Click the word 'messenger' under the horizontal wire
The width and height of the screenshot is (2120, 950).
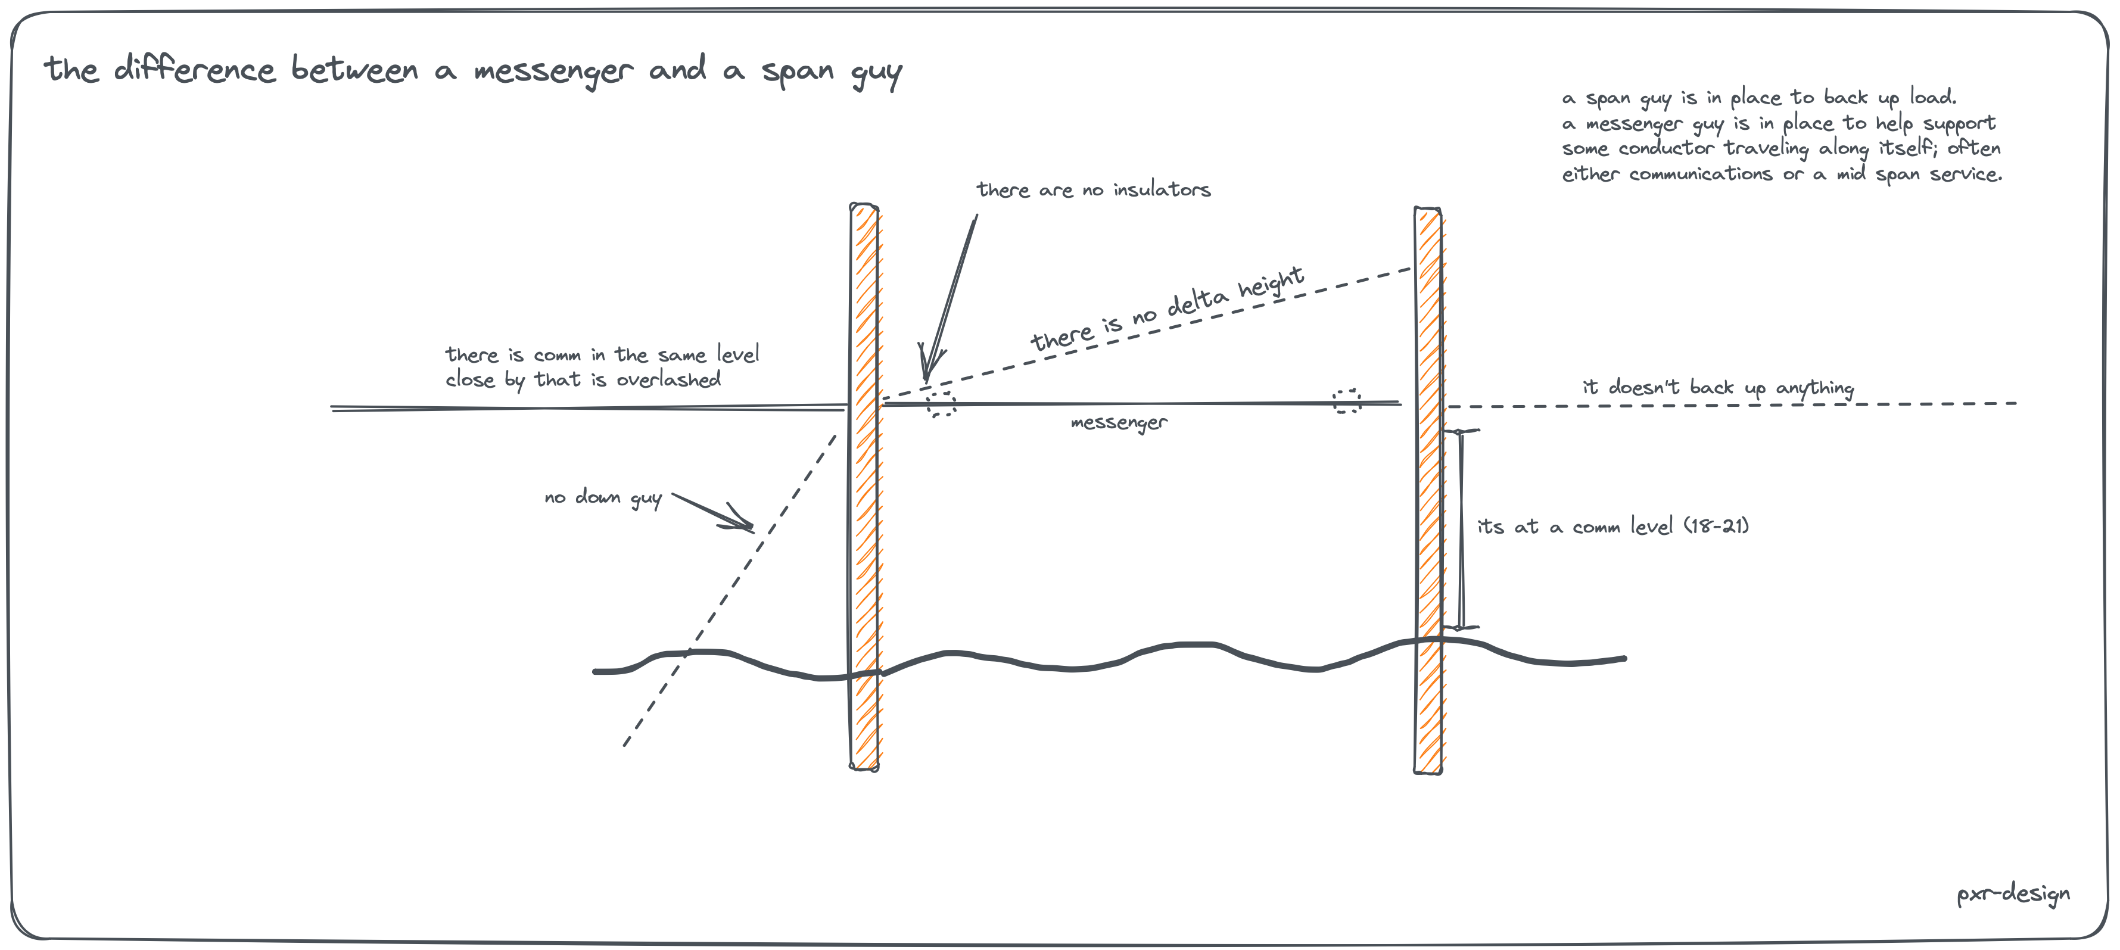point(1119,423)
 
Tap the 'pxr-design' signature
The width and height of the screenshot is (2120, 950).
point(2012,893)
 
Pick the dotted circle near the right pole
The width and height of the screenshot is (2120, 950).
point(1346,401)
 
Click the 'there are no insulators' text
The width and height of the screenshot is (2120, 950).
point(1093,190)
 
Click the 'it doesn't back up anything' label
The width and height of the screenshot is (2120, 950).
point(1719,387)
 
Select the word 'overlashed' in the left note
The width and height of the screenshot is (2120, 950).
point(668,379)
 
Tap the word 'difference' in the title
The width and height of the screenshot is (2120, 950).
point(194,69)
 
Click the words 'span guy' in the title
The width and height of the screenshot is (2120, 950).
point(831,71)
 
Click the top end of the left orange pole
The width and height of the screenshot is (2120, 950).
point(864,207)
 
